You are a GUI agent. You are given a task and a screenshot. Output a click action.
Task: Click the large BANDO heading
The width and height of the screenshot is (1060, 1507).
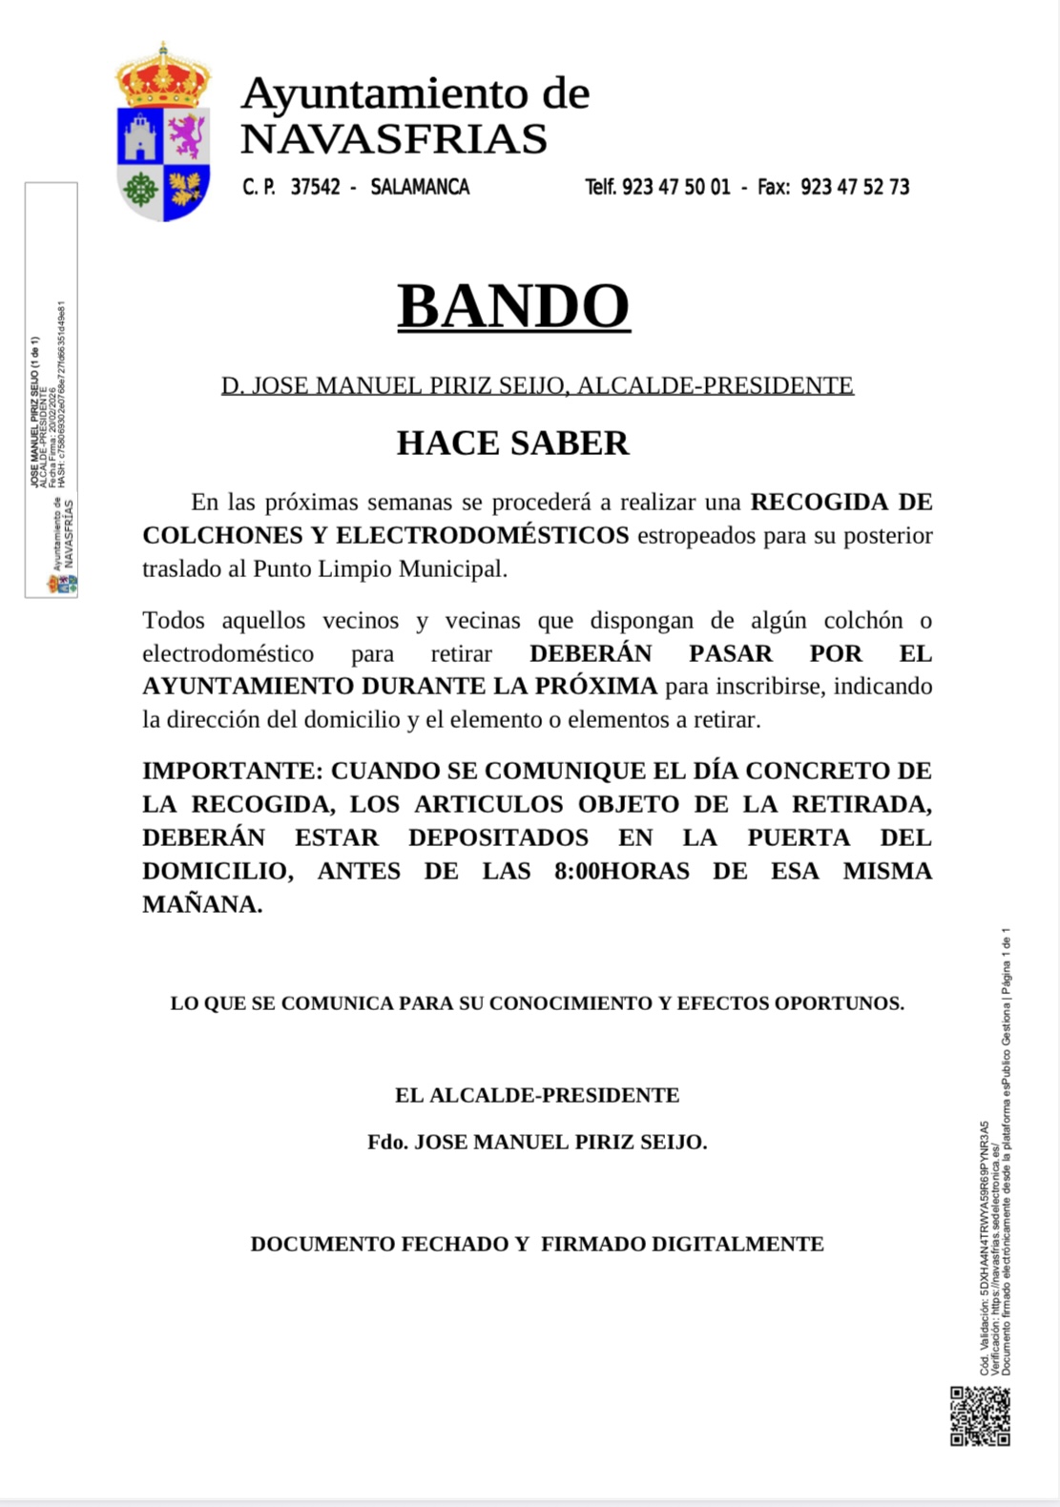[513, 306]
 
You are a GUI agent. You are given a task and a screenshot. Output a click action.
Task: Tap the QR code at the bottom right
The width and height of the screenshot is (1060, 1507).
[980, 1416]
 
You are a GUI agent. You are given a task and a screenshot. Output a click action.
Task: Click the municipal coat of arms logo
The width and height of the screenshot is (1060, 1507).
[163, 133]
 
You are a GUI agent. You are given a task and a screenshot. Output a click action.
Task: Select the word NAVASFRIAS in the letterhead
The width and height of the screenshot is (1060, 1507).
[394, 139]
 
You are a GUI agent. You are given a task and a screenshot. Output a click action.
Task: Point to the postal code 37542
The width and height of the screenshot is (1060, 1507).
[315, 187]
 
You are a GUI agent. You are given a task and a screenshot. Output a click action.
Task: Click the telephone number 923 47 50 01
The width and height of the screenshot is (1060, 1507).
[675, 187]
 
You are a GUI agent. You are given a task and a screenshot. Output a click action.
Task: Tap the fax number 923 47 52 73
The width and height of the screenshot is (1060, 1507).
[855, 187]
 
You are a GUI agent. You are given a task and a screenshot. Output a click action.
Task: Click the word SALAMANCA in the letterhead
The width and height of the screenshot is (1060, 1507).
[420, 187]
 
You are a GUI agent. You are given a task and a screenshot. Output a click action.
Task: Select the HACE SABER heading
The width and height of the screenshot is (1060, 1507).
[513, 444]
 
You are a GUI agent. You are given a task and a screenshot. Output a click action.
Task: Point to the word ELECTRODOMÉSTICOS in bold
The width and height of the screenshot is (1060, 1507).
[482, 535]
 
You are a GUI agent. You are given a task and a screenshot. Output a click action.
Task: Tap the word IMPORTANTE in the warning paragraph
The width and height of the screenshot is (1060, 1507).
[228, 771]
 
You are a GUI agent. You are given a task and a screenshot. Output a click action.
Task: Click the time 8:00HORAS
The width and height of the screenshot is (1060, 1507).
[621, 871]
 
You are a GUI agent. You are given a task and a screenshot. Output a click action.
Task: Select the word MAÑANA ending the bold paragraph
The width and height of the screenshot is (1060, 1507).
[201, 904]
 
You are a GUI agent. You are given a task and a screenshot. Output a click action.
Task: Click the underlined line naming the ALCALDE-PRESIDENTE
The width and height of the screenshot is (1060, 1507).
[537, 385]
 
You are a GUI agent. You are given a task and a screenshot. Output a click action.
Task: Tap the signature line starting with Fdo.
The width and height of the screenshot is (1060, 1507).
[537, 1142]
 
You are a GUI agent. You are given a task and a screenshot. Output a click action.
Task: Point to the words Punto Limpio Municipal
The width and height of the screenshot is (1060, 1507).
[379, 569]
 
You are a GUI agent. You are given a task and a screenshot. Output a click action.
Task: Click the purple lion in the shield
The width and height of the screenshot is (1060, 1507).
[187, 135]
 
